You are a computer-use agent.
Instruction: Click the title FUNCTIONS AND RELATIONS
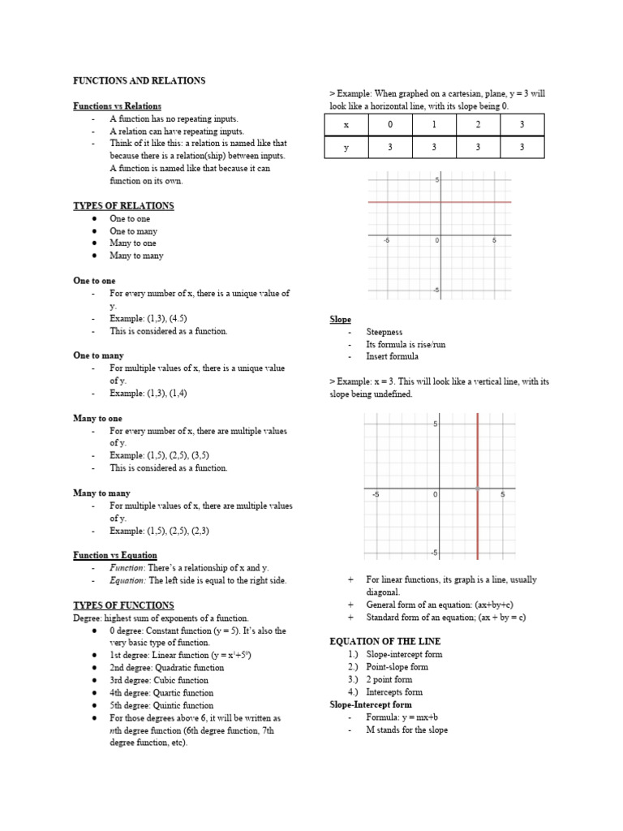(139, 81)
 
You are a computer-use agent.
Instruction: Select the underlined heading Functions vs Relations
(117, 106)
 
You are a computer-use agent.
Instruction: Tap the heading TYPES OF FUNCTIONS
(123, 605)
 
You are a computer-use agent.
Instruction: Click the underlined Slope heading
(340, 320)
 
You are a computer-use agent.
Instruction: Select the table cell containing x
(346, 125)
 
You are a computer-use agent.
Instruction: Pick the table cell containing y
(346, 147)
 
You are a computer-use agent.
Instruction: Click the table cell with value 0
(389, 125)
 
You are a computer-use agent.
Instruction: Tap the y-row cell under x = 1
(434, 147)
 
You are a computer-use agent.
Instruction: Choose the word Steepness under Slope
(385, 332)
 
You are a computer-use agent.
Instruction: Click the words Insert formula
(393, 356)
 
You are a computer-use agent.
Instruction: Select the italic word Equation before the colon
(127, 580)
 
